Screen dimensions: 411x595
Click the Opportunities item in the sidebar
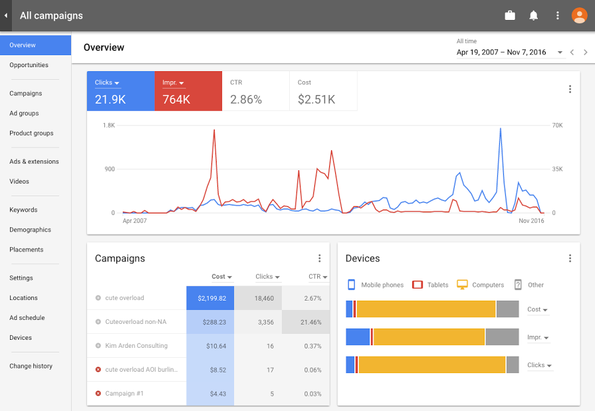click(29, 65)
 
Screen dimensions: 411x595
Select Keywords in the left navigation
click(23, 210)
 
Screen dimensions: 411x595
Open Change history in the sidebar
click(31, 366)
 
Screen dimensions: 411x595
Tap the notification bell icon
click(533, 15)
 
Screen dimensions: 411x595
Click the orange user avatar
click(579, 15)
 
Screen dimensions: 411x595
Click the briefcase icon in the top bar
click(510, 15)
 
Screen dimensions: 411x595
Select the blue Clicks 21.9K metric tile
click(120, 91)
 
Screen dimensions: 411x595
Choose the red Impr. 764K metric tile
click(187, 91)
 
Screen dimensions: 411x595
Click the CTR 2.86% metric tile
click(255, 91)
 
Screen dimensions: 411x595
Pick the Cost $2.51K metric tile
click(323, 91)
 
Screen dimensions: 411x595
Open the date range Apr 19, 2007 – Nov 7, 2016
click(509, 52)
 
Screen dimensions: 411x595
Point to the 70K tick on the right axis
click(557, 125)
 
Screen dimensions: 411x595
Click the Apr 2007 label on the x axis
click(135, 221)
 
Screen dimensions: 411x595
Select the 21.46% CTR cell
click(306, 322)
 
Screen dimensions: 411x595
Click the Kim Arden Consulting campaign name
click(136, 346)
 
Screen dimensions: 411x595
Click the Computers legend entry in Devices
click(487, 285)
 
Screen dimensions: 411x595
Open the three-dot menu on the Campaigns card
click(319, 259)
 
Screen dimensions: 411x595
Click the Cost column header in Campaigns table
click(221, 277)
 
